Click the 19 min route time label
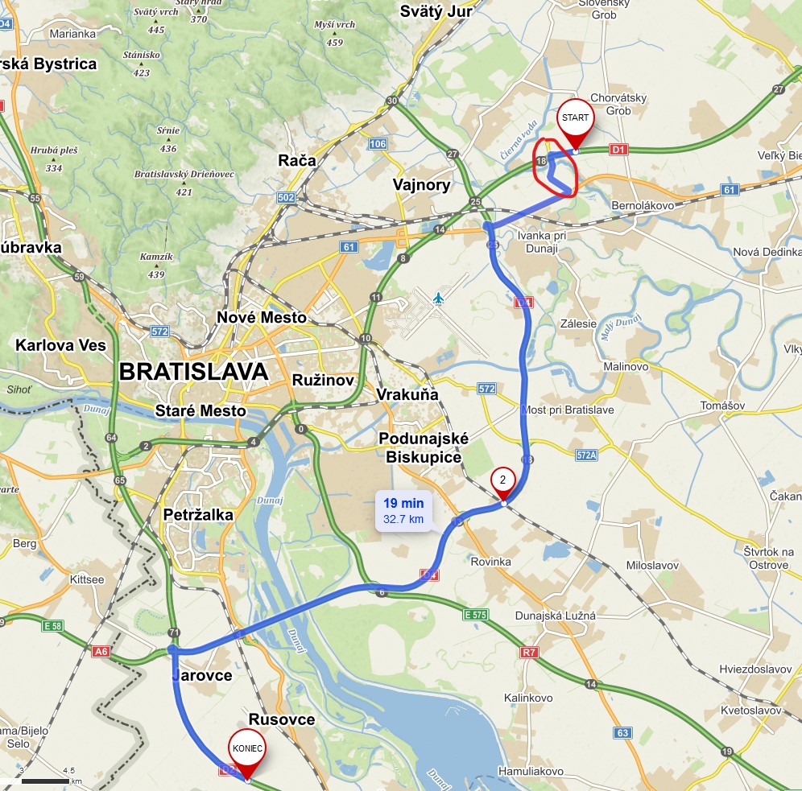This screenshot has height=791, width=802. pyautogui.click(x=403, y=504)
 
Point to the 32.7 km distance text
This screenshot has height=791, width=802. pyautogui.click(x=403, y=519)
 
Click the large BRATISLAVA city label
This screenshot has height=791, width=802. pyautogui.click(x=192, y=372)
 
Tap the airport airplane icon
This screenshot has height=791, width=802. pyautogui.click(x=438, y=299)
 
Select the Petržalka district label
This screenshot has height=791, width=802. pyautogui.click(x=198, y=514)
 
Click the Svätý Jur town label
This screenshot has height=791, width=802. pyautogui.click(x=436, y=11)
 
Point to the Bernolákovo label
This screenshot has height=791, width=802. pyautogui.click(x=642, y=206)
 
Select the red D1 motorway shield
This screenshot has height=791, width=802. pyautogui.click(x=618, y=149)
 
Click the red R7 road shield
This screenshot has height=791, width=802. pyautogui.click(x=528, y=653)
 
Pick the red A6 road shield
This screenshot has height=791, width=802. pyautogui.click(x=101, y=652)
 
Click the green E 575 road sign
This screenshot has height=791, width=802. pyautogui.click(x=477, y=615)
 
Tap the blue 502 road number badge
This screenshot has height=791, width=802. pyautogui.click(x=285, y=198)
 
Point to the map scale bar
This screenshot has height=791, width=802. pyautogui.click(x=45, y=781)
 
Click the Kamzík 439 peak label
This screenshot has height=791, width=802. pyautogui.click(x=151, y=265)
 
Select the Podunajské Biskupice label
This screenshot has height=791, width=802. pyautogui.click(x=423, y=447)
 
